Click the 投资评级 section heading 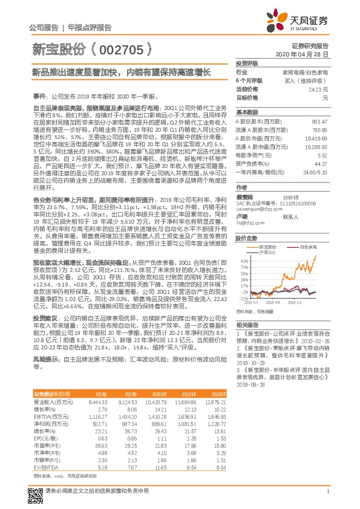click(247, 63)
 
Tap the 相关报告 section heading click(246, 325)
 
